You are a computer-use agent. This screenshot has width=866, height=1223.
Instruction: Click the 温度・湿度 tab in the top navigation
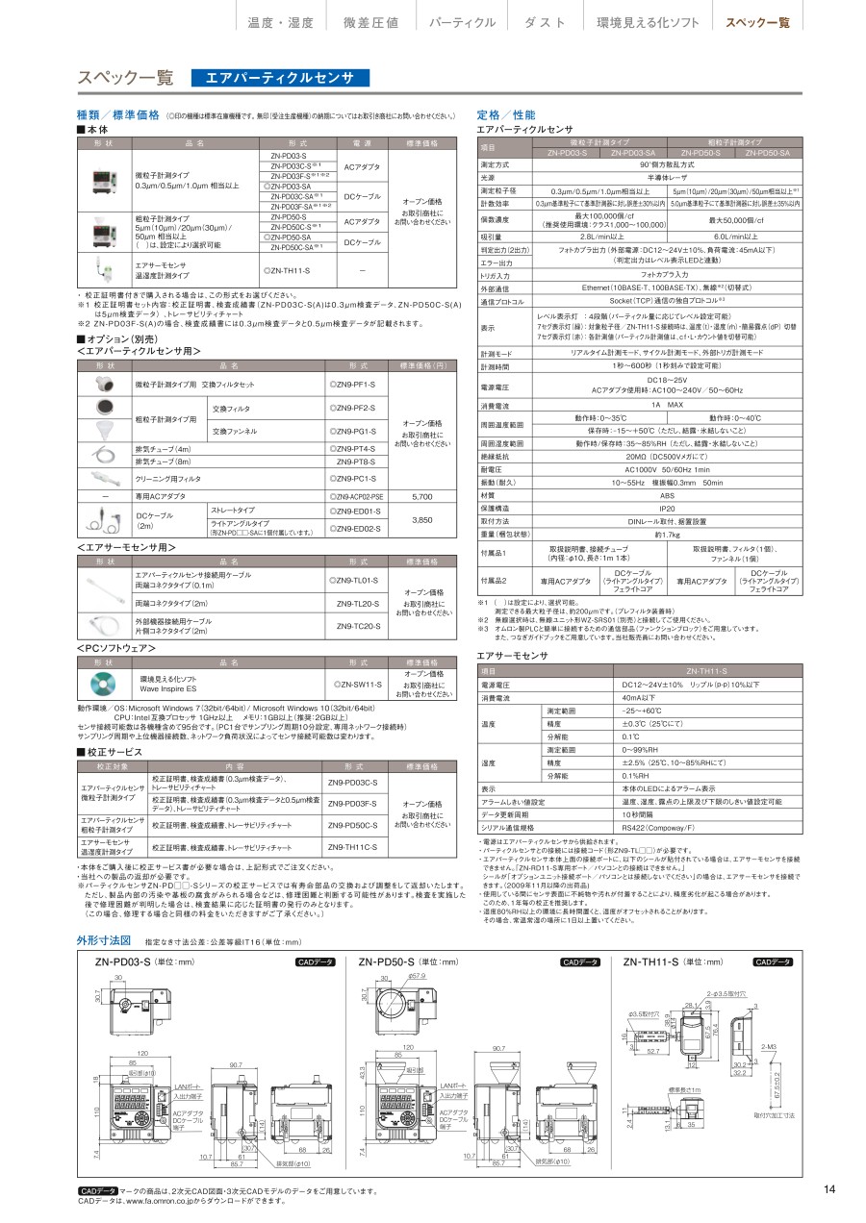[x=281, y=22]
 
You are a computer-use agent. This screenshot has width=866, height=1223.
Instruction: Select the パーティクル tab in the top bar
[x=462, y=22]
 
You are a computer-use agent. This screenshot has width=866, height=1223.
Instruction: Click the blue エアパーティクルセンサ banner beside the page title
[x=280, y=79]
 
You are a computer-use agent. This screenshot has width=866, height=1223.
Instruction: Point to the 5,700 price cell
[x=421, y=496]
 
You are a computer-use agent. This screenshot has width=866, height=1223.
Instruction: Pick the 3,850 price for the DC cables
[x=421, y=519]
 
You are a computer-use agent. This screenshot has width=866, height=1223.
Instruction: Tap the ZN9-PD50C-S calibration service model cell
[x=352, y=825]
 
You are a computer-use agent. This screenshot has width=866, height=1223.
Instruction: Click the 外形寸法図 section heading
[x=104, y=939]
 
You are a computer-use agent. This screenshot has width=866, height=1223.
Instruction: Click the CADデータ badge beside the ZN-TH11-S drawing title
[x=774, y=961]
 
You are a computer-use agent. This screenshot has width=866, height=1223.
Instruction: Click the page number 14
[x=829, y=1189]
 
